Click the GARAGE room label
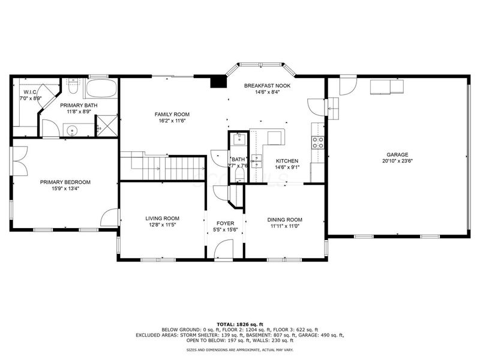coord(397,154)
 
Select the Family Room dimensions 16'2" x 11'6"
coord(172,121)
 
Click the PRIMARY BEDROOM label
coord(65,182)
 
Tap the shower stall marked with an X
coord(107,127)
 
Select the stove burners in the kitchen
coord(317,143)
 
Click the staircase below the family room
coord(163,166)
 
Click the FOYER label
coord(226,223)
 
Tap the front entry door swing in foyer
coord(225,248)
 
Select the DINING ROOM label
coord(284,220)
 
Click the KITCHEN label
coord(287,161)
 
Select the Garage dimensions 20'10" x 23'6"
coord(397,161)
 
